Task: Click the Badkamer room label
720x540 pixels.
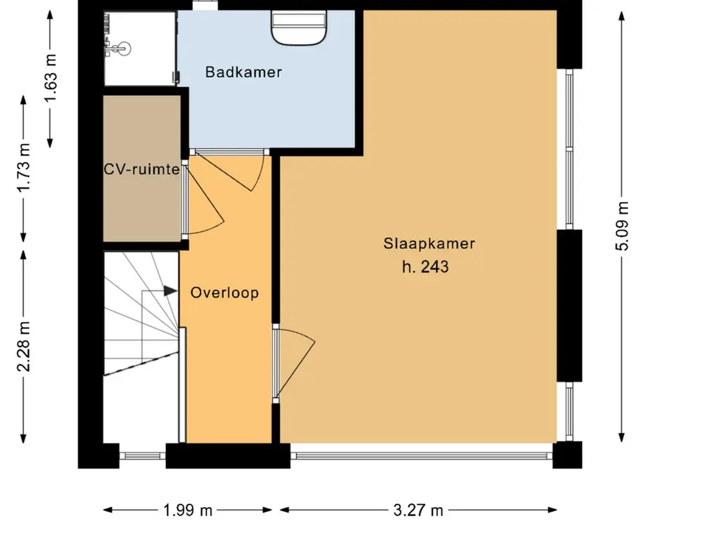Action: tap(243, 72)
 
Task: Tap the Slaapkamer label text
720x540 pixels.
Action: tap(430, 243)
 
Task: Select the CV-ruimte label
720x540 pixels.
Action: tap(141, 169)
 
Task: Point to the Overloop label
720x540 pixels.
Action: tap(224, 293)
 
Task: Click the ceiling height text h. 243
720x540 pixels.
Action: tap(425, 266)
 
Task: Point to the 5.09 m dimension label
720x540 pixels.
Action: tap(622, 226)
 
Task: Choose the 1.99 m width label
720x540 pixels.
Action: tap(188, 510)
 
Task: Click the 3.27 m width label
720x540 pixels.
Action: tap(418, 510)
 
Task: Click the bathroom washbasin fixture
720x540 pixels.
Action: tap(298, 27)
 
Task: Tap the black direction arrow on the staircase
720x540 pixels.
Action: tap(170, 291)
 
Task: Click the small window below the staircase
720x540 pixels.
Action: tap(142, 456)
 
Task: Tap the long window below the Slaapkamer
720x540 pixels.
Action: tap(422, 456)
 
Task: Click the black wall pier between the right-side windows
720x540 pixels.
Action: tap(570, 306)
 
